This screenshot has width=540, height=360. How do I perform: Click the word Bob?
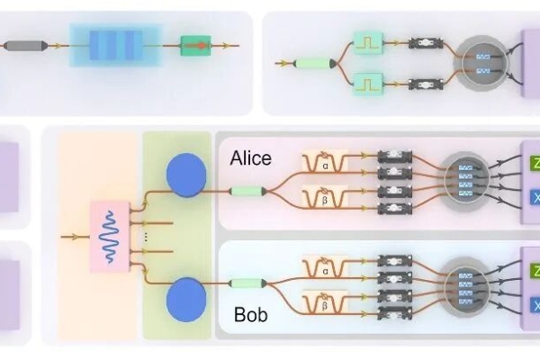point(250,316)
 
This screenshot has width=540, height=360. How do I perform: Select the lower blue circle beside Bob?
point(186,298)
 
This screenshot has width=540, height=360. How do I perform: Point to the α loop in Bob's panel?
point(325,267)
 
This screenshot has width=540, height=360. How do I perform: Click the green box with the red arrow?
point(194,43)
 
